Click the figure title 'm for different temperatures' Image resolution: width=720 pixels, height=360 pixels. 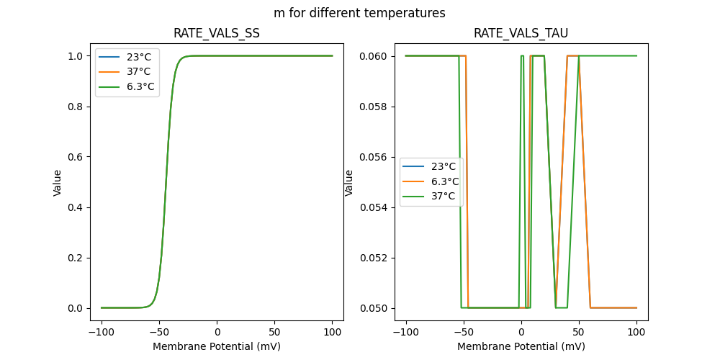click(359, 13)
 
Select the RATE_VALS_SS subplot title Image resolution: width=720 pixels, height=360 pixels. click(217, 33)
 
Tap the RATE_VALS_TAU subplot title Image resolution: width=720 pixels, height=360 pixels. click(521, 33)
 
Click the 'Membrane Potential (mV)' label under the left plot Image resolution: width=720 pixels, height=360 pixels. click(217, 346)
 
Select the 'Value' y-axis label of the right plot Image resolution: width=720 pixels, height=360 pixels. click(350, 182)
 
